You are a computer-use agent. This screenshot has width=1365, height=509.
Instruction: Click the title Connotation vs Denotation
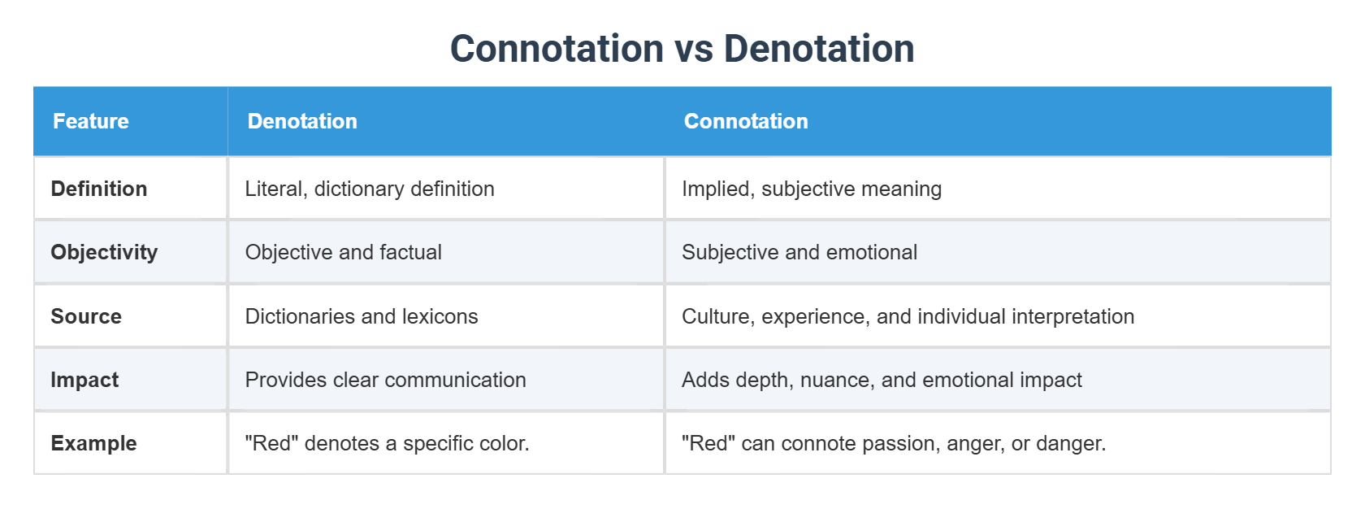(x=682, y=48)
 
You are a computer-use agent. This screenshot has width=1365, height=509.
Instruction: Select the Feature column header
(x=91, y=120)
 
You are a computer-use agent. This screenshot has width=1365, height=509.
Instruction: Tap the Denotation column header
(x=302, y=120)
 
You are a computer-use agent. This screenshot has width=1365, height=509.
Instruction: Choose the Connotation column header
(x=746, y=120)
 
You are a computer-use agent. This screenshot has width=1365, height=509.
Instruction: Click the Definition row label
(x=99, y=189)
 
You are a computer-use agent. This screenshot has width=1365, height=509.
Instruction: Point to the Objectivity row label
(x=104, y=252)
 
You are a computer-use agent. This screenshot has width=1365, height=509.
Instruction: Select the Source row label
(x=86, y=316)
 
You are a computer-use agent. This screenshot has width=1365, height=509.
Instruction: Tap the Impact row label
(x=84, y=380)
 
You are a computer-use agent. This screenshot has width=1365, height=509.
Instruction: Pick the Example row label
(x=94, y=443)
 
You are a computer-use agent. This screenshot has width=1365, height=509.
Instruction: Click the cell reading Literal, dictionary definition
(x=370, y=189)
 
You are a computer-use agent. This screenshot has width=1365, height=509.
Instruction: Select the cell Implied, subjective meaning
(x=812, y=189)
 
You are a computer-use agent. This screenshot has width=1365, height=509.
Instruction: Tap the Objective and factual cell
(x=343, y=252)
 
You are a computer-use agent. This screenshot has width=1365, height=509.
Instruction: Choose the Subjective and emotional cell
(x=799, y=252)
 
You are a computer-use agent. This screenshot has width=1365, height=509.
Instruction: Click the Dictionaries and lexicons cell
(x=362, y=316)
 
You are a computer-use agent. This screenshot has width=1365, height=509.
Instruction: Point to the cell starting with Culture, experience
(x=908, y=316)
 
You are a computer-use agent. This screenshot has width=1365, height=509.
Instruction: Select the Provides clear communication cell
(x=386, y=380)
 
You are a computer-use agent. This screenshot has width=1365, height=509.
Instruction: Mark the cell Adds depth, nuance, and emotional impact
(x=882, y=380)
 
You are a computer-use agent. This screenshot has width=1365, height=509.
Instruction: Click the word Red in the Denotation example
(x=271, y=443)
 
